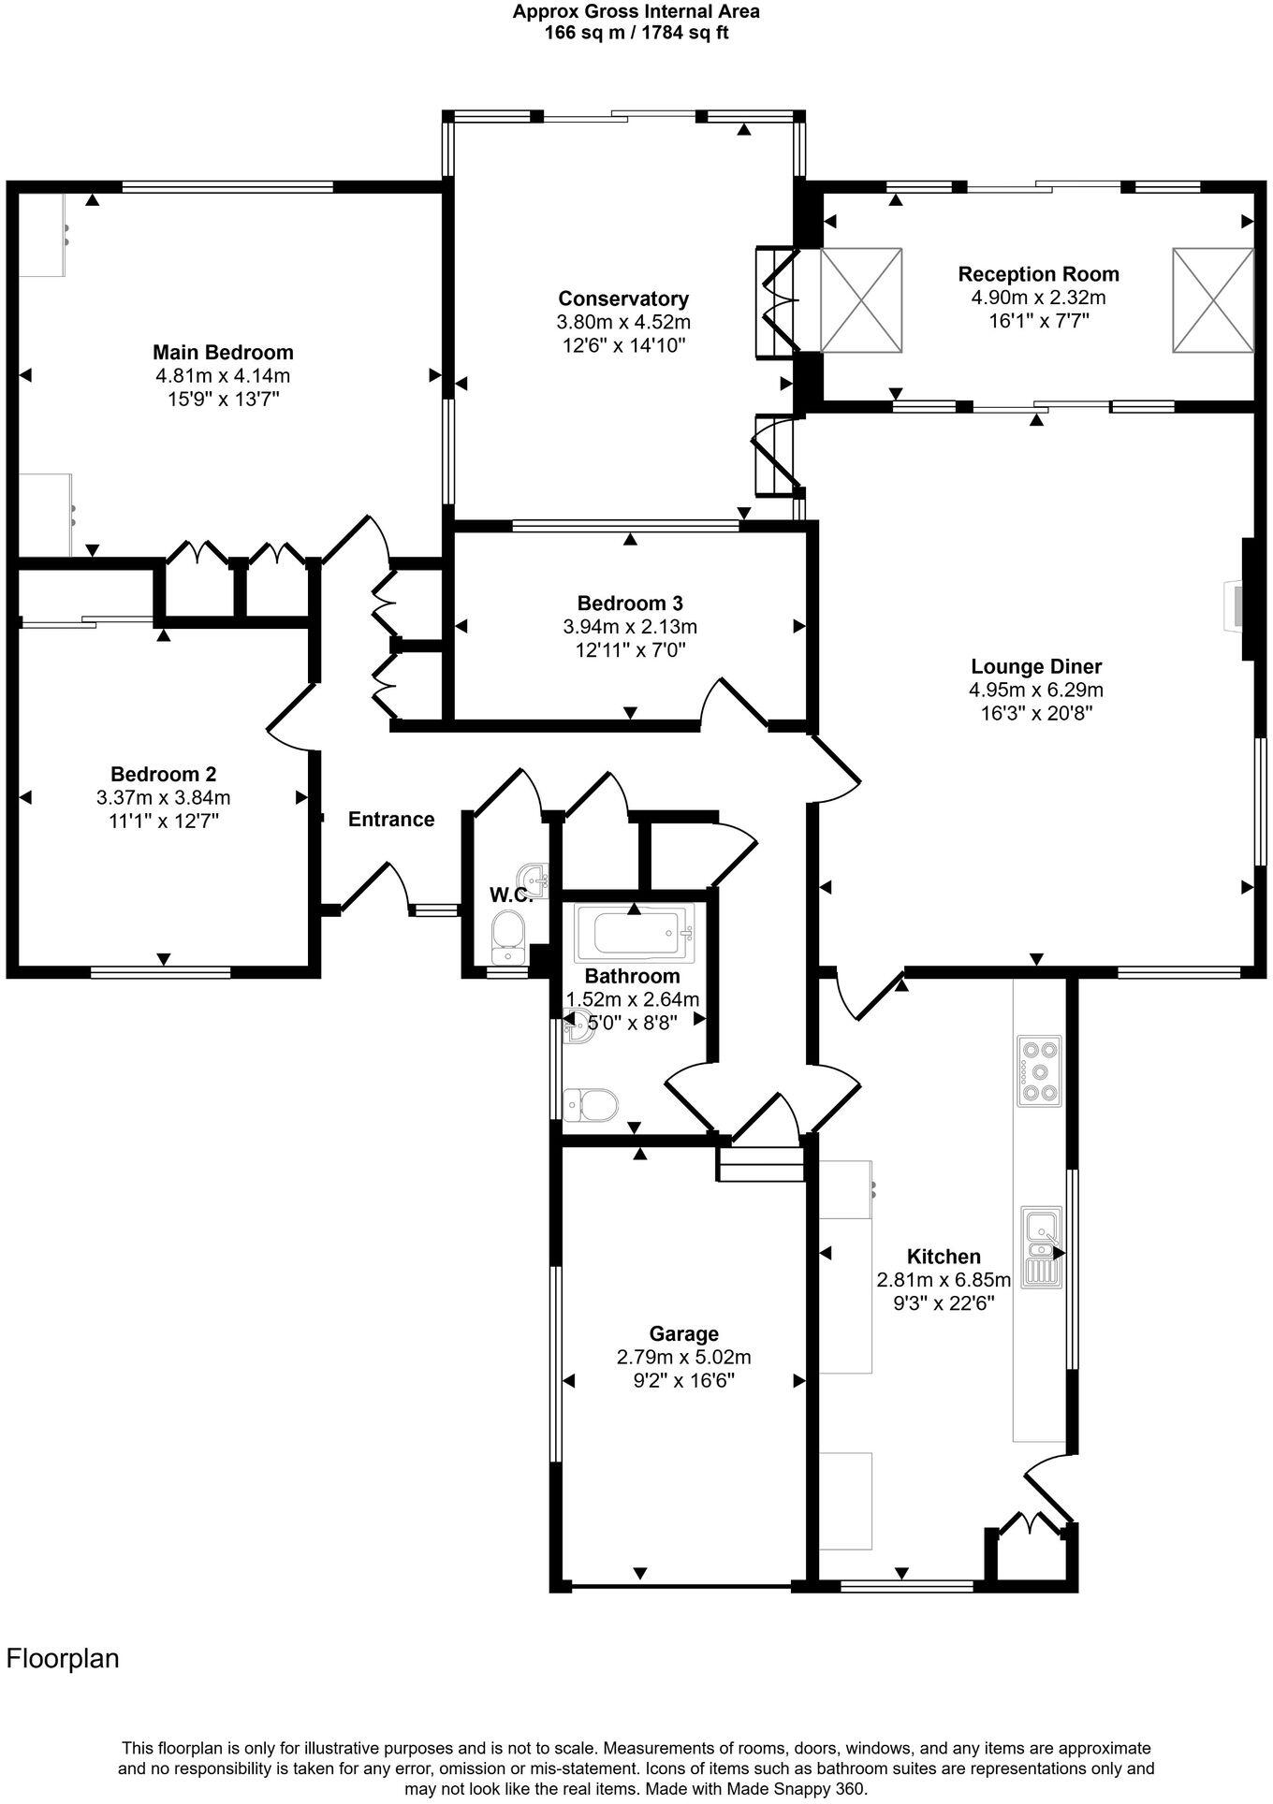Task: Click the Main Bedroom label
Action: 223,352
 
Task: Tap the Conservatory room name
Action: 623,298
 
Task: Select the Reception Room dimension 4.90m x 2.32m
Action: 1038,298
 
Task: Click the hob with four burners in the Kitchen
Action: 1040,1070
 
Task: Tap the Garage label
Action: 683,1333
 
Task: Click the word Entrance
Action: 391,820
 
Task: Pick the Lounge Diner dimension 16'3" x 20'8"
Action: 1036,712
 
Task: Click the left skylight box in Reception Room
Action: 860,300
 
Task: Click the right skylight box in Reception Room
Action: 1212,300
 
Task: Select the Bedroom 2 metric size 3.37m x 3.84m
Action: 163,798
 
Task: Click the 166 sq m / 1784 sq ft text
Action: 636,33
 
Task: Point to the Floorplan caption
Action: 63,1658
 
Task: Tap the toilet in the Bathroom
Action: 590,1104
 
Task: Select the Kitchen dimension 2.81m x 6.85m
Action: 944,1279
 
